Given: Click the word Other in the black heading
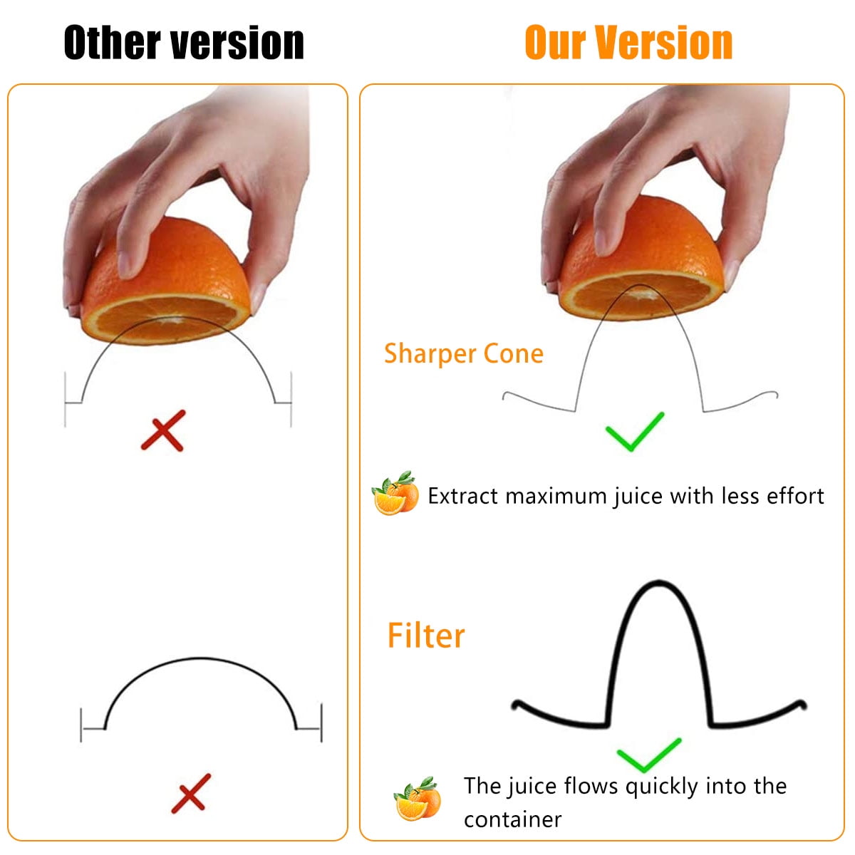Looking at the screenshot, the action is point(112,42).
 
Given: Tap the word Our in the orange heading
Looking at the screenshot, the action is point(554,42).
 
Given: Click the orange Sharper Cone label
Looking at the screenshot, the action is point(464,353).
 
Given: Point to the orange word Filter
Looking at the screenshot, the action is point(426,635).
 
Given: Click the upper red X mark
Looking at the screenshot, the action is point(163,430).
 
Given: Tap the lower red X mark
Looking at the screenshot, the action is point(191,793).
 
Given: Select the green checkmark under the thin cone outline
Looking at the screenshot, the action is point(635,431).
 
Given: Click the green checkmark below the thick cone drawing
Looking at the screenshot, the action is point(649,755).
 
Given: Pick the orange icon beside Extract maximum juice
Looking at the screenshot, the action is point(395,493).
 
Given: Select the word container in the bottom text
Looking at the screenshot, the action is point(512,819).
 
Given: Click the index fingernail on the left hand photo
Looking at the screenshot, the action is point(125,265).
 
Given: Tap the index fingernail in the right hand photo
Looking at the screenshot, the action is point(601,242).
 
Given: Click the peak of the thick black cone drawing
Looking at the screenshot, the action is point(658,583).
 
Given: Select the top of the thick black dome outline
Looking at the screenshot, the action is point(200,658).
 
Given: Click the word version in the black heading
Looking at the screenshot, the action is point(237,42).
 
